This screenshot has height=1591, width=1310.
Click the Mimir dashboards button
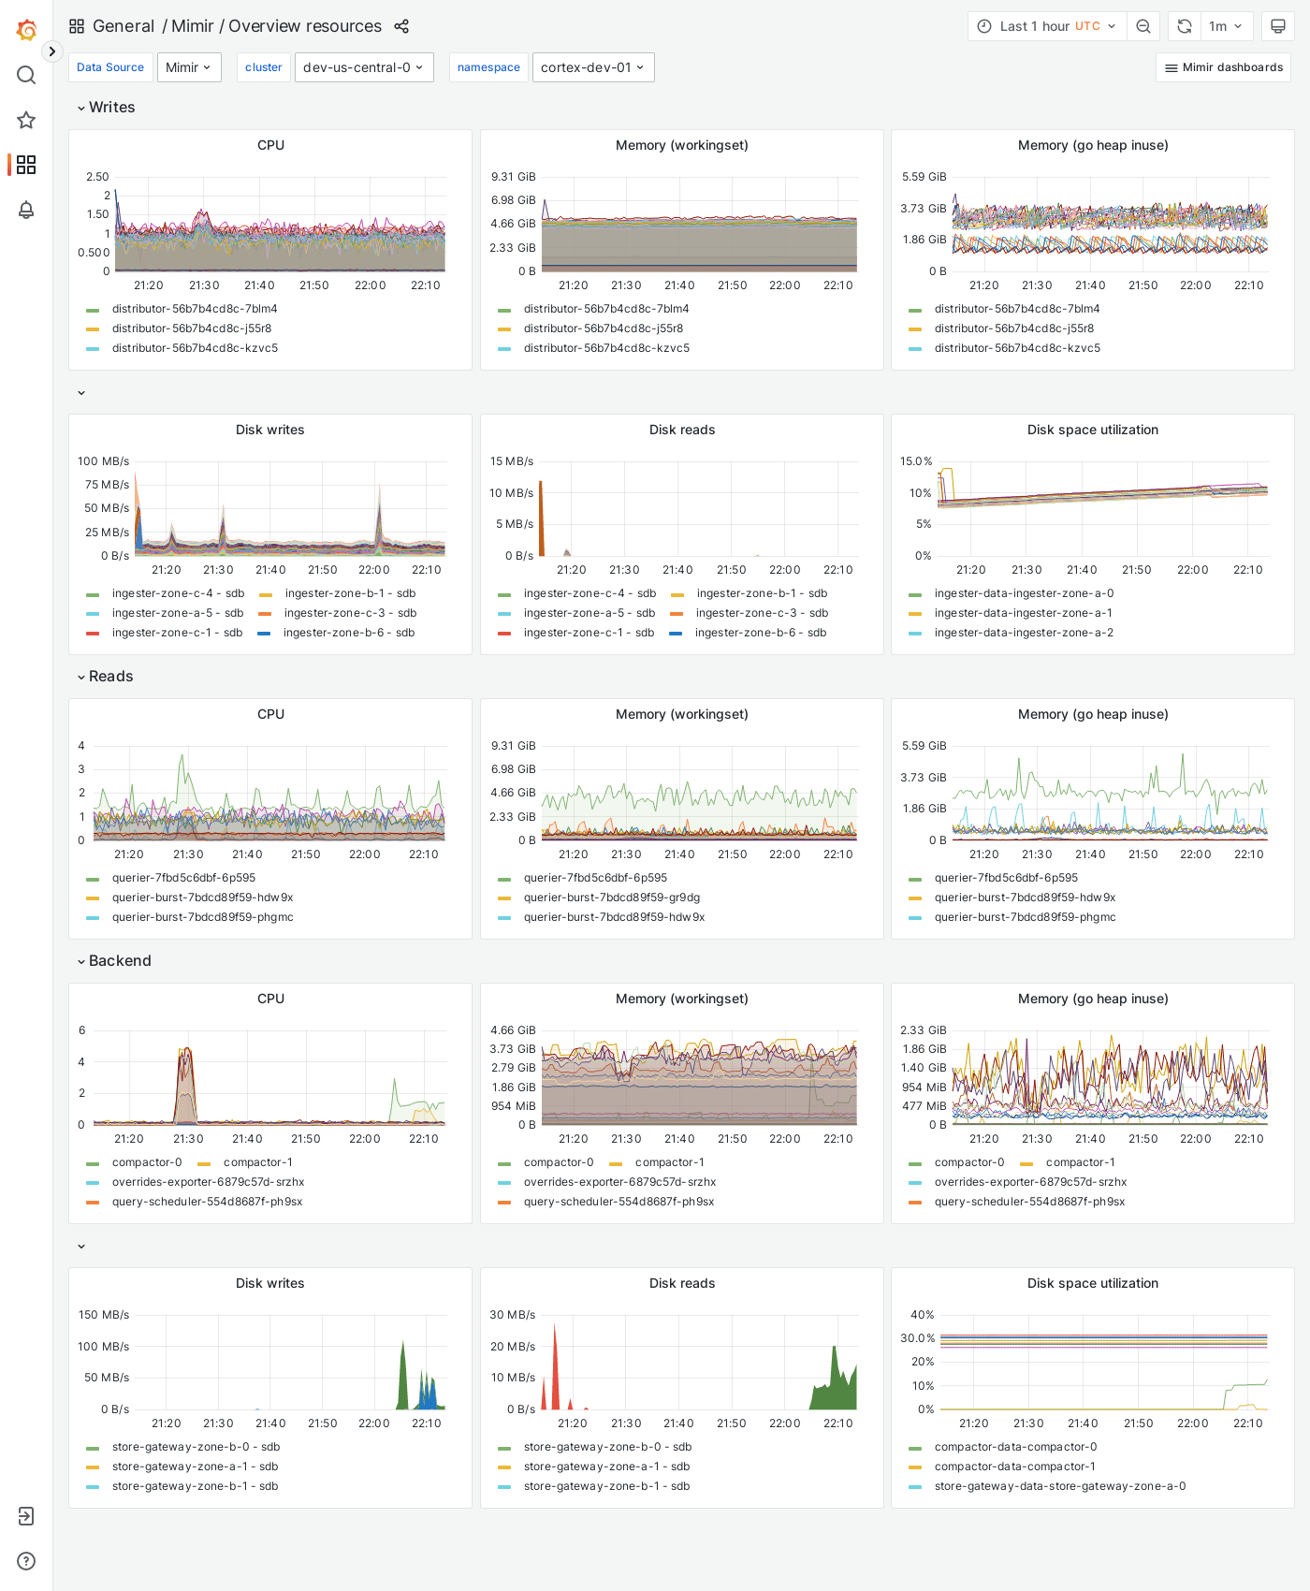point(1223,67)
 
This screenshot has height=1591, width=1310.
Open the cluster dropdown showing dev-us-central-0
point(364,67)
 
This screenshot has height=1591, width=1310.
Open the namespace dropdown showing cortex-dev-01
point(592,67)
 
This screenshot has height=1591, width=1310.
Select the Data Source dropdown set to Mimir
point(189,67)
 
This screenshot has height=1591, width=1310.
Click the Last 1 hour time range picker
point(1047,26)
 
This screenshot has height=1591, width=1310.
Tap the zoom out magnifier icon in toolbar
point(1143,26)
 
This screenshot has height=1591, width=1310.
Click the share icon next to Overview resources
point(401,26)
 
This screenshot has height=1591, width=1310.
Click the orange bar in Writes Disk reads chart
point(541,519)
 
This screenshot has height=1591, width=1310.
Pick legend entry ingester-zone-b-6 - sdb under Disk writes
point(348,633)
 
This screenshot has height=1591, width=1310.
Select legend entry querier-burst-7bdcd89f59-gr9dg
point(611,898)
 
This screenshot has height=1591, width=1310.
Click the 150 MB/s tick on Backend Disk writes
point(104,1315)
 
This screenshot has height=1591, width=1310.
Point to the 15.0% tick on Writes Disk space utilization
point(916,461)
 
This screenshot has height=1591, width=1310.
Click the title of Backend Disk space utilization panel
point(1092,1283)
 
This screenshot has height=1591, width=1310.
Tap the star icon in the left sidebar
point(26,120)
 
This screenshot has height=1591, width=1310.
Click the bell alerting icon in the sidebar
point(26,210)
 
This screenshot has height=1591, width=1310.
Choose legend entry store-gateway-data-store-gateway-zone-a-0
point(1059,1486)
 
